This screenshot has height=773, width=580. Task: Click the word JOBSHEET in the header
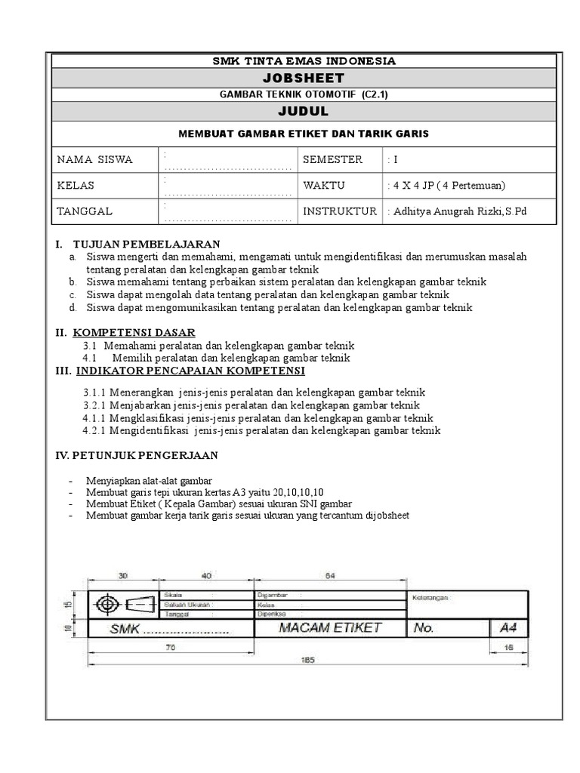click(x=303, y=78)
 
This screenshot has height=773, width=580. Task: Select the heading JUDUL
click(x=303, y=112)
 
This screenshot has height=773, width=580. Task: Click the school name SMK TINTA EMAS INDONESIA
click(x=303, y=60)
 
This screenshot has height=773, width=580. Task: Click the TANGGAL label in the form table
click(x=85, y=211)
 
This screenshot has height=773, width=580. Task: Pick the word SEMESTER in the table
click(x=332, y=160)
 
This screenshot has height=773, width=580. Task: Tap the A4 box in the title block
click(x=510, y=628)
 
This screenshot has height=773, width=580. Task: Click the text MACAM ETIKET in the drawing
click(x=330, y=628)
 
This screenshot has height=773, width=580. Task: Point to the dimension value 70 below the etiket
click(x=171, y=647)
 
